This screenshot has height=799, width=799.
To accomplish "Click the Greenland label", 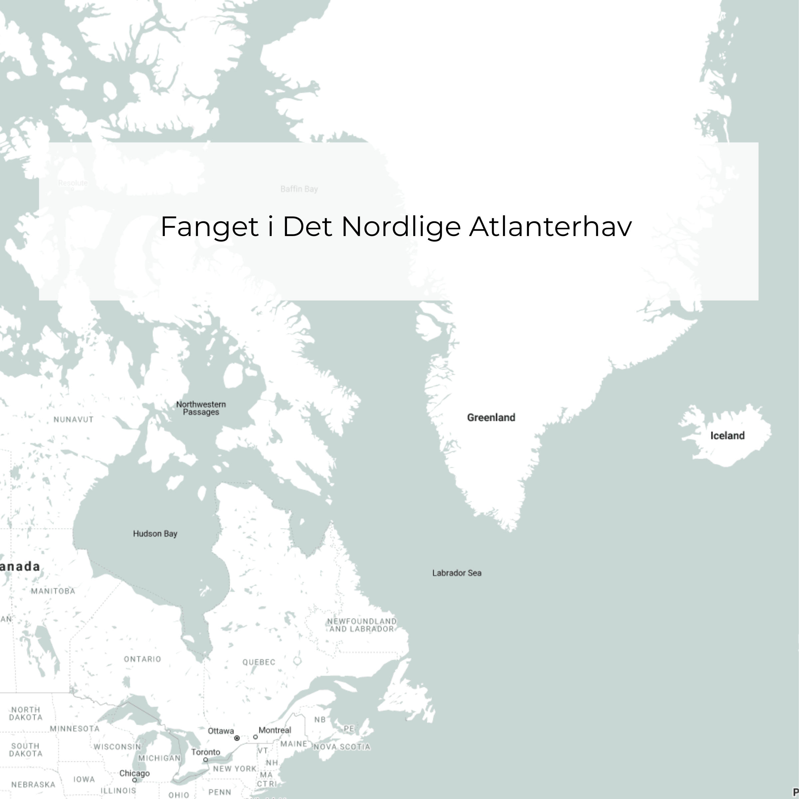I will point(491,418).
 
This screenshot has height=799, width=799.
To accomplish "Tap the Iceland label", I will point(727,435).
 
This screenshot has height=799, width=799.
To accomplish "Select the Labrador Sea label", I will point(456,573).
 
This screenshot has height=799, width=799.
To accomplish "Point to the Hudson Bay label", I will point(155,533).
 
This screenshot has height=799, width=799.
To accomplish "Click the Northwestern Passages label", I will point(201,408).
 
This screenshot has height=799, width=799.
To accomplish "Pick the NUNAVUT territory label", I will point(74,419).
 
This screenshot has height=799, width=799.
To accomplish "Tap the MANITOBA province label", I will point(53,591).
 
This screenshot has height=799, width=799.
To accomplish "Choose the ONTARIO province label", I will point(142,659).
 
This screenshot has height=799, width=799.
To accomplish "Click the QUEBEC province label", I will point(258,662).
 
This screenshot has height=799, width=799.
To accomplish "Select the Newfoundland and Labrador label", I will point(362,625).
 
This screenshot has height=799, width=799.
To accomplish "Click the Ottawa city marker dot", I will point(237,738).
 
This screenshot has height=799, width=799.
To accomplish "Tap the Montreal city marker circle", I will point(255,737).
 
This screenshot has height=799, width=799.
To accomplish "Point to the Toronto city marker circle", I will point(205,760).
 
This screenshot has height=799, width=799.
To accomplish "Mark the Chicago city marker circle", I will point(134,780).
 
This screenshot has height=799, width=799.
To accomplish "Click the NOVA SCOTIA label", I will point(342,747).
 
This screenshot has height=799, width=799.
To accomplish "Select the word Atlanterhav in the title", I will point(550,227).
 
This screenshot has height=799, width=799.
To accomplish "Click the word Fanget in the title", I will point(209,227).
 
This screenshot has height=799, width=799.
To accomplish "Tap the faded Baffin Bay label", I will point(299,189).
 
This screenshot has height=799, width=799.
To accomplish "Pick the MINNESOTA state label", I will point(75,729).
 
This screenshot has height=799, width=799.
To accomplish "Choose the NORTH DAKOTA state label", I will point(26,713).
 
